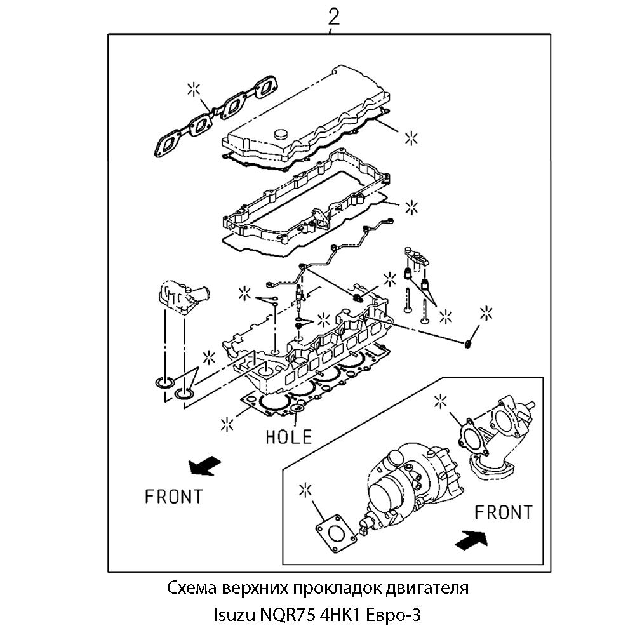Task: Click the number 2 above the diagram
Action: point(333,17)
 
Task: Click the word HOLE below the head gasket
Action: point(289,436)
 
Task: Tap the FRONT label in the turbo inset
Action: point(504,512)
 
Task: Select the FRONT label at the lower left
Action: point(173,496)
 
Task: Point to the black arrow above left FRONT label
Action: point(204,467)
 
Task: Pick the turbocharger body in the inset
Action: point(406,483)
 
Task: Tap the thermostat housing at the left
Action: point(181,295)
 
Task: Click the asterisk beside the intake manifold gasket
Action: point(195,88)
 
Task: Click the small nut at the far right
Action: point(467,344)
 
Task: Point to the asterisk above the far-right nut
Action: point(486,312)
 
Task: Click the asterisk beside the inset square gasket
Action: point(306,490)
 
